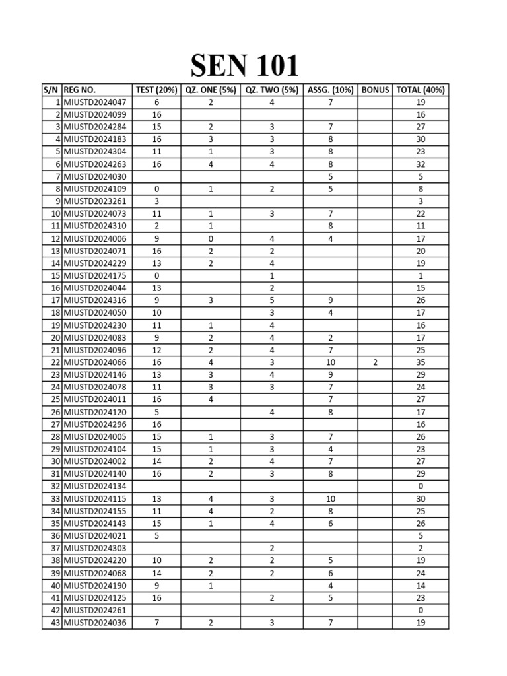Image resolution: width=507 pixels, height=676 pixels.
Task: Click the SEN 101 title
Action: point(245,67)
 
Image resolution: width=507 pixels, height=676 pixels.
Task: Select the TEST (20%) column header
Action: point(156,90)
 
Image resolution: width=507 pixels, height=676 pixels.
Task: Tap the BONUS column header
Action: point(375,90)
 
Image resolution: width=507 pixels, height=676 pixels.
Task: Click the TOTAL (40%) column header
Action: point(421,90)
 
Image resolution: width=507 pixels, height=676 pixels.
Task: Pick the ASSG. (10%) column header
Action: point(330,90)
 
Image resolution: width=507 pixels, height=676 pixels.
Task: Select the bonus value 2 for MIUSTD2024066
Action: point(375,362)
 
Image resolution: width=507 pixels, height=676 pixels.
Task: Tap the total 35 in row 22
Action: point(421,362)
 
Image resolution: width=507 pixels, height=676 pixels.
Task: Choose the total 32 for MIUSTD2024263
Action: point(421,164)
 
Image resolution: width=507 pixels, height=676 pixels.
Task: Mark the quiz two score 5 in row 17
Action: point(271,300)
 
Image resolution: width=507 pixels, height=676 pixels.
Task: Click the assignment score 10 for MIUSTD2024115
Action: point(330,498)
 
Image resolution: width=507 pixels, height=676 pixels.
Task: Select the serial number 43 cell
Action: point(52,623)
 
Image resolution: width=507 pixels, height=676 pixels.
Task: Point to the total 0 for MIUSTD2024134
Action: point(421,487)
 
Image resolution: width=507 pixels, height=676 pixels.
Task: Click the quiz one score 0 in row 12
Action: point(211,238)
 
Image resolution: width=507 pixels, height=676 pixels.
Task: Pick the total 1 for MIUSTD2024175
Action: point(421,275)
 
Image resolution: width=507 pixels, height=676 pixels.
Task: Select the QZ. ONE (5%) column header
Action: point(211,90)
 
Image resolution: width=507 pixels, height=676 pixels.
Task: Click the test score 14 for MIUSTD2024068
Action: point(156,573)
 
